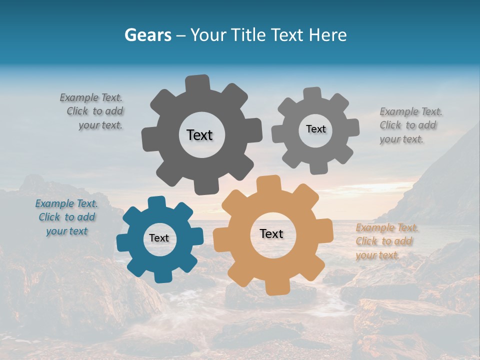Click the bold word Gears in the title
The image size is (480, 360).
tap(148, 35)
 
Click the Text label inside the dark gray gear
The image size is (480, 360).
tap(199, 135)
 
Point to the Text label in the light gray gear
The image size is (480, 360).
tap(315, 129)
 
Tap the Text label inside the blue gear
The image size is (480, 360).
tap(159, 238)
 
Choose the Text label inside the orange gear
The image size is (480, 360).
tap(271, 233)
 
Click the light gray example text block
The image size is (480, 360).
tap(410, 125)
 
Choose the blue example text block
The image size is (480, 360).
tap(66, 217)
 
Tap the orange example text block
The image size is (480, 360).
tap(386, 241)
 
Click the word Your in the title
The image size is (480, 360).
tap(210, 35)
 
